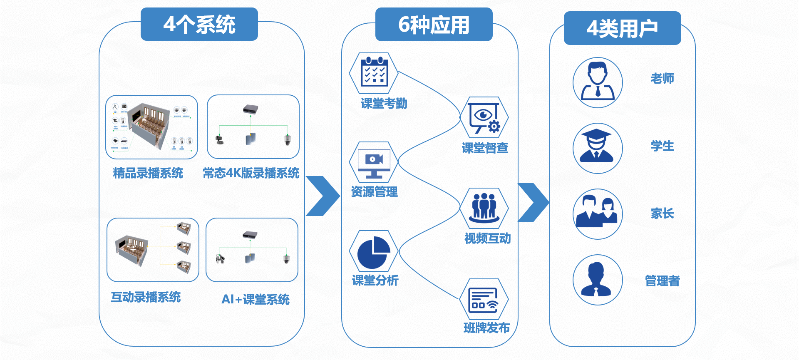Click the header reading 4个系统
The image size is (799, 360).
pyautogui.click(x=199, y=24)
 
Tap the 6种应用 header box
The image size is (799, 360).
pyautogui.click(x=434, y=25)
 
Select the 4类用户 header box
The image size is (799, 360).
pyautogui.click(x=622, y=28)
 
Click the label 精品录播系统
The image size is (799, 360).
pyautogui.click(x=148, y=173)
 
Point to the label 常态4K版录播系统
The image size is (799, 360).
pyautogui.click(x=251, y=173)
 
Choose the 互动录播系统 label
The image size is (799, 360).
pyautogui.click(x=146, y=297)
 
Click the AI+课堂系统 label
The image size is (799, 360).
pyautogui.click(x=256, y=299)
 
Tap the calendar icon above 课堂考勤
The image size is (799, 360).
pyautogui.click(x=374, y=73)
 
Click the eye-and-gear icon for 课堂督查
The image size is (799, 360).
pyautogui.click(x=484, y=117)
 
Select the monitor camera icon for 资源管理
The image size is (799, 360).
pyautogui.click(x=374, y=162)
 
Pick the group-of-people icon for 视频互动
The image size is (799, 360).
pyautogui.click(x=484, y=208)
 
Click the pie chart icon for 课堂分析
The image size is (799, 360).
pyautogui.click(x=374, y=251)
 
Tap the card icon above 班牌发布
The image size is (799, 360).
pyautogui.click(x=484, y=299)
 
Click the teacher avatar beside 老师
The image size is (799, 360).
pyautogui.click(x=598, y=82)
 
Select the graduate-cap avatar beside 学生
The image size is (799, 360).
pyautogui.click(x=598, y=148)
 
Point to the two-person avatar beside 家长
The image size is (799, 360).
pyautogui.click(x=598, y=214)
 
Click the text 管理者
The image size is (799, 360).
pyautogui.click(x=662, y=281)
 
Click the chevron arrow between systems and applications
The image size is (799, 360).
pyautogui.click(x=324, y=196)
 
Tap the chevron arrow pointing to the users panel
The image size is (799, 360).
pyautogui.click(x=534, y=202)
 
